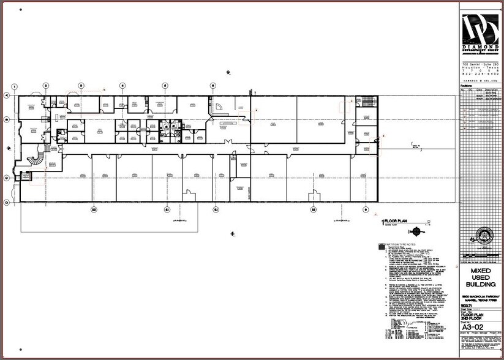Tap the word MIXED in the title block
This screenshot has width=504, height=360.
pyautogui.click(x=480, y=271)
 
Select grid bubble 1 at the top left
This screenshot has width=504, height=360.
pyautogui.click(x=15, y=86)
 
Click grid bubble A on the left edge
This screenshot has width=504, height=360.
pyautogui.click(x=7, y=96)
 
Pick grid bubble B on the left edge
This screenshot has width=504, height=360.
pyautogui.click(x=7, y=119)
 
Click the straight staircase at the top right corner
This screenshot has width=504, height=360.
pyautogui.click(x=368, y=100)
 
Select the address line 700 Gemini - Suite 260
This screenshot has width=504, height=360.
pyautogui.click(x=480, y=64)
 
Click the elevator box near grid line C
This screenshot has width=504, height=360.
pyautogui.click(x=26, y=176)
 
